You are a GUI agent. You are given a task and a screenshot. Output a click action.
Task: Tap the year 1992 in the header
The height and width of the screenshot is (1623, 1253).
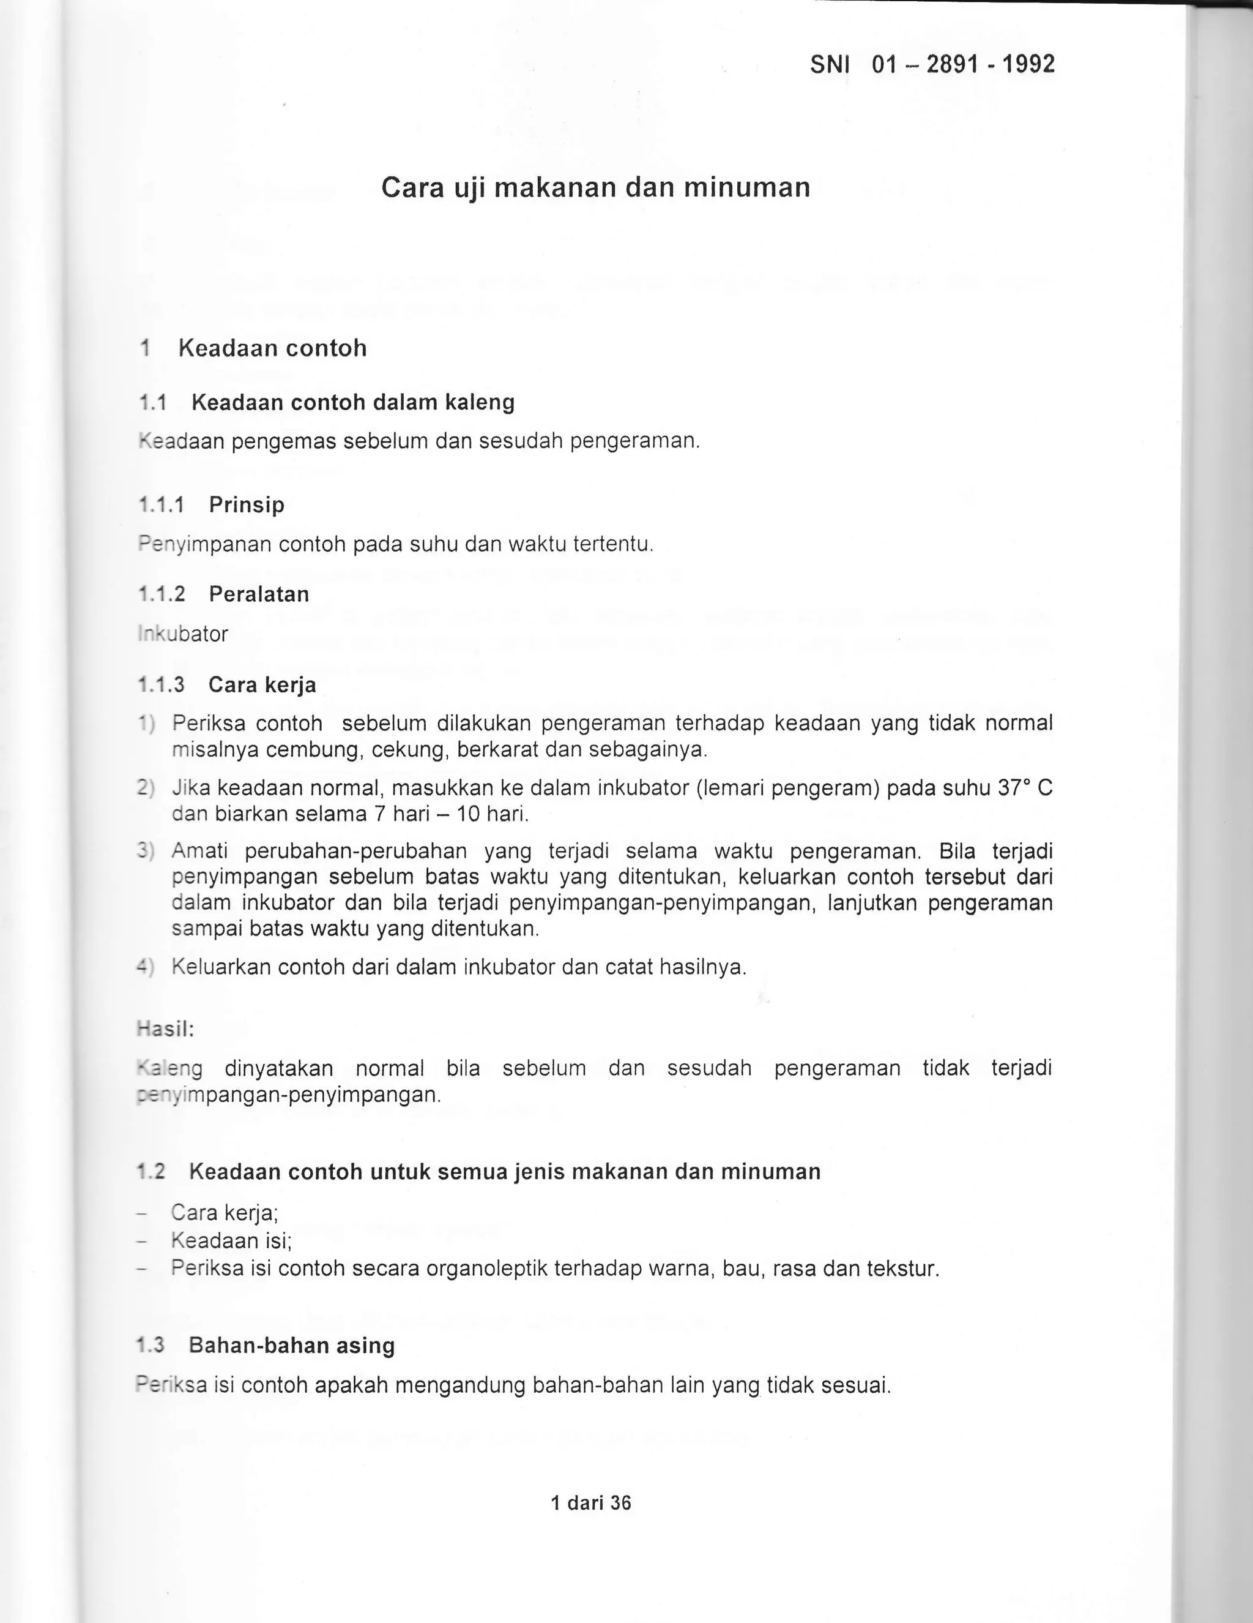coord(1028,65)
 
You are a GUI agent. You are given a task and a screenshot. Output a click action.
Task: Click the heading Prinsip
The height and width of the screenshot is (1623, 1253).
coord(247,505)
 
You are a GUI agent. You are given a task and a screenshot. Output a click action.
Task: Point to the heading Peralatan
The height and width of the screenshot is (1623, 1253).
coord(258,594)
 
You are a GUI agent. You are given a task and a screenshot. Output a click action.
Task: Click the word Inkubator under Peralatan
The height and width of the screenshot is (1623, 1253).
coord(183,635)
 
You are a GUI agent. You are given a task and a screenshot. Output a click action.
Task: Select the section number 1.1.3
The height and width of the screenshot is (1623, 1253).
coord(161,684)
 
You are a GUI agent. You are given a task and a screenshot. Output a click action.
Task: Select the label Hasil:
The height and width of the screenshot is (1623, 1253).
coord(166,1029)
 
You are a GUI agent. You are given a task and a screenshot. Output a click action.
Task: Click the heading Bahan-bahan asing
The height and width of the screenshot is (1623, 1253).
coord(291,1346)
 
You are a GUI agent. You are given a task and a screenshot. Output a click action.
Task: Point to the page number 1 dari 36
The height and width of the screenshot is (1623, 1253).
coord(590,1504)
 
